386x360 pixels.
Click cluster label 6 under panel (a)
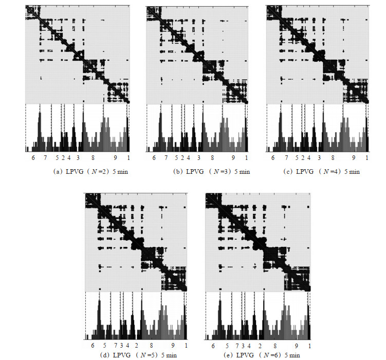click(33, 157)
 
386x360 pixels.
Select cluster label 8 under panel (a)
click(93, 157)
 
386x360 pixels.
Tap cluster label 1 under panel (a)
click(128, 157)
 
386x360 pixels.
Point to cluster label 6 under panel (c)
click(273, 157)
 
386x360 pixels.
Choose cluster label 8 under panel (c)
click(333, 157)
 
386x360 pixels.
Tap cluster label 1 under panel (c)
click(367, 157)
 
